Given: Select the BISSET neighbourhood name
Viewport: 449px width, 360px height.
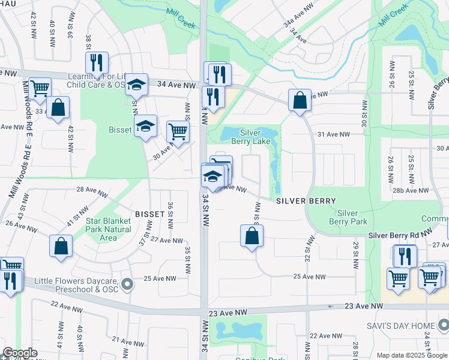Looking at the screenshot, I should point(149,214).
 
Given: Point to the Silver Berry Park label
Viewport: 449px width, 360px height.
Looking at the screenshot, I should point(348,217).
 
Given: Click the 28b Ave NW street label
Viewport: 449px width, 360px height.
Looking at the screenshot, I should point(409,190).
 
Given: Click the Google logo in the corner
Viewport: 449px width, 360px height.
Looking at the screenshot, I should point(20,353).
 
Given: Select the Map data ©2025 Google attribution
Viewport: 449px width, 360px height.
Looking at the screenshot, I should point(411,355).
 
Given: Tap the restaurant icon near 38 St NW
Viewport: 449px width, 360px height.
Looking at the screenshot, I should point(96,61).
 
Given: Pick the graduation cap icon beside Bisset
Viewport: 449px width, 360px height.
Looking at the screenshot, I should point(145,125).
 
